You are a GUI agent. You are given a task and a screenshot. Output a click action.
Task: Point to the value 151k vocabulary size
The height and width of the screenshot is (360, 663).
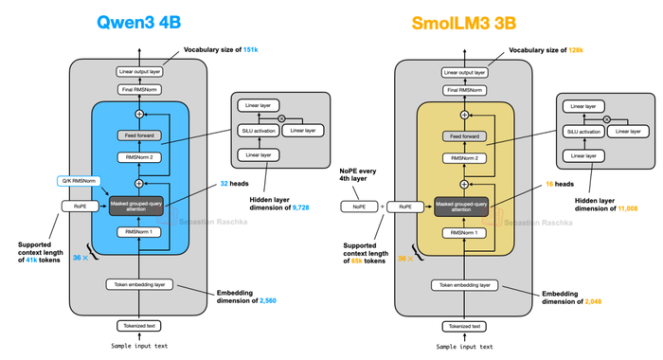click(250, 49)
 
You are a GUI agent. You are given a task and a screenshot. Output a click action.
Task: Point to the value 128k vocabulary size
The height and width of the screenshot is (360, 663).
click(578, 49)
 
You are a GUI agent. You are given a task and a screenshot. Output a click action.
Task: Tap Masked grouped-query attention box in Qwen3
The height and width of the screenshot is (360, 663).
click(139, 205)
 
